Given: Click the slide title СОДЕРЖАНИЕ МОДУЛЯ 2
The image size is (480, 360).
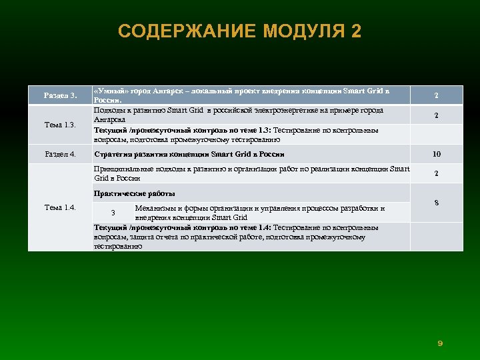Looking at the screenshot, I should (239, 31).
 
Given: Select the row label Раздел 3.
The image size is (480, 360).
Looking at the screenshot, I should (61, 95).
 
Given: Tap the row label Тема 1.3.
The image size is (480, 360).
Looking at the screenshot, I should (60, 125).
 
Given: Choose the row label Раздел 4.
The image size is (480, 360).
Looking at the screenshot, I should (60, 155).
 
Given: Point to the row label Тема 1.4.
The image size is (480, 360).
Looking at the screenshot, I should (60, 207).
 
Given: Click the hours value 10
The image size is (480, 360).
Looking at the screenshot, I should (436, 154).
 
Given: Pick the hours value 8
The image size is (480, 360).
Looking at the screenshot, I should (436, 202).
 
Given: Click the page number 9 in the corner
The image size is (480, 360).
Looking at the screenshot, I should (440, 343).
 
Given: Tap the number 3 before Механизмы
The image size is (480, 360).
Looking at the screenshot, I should (113, 213).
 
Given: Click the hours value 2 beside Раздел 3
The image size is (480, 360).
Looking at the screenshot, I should (436, 95).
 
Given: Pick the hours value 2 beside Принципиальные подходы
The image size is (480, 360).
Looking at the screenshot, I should (436, 174).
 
